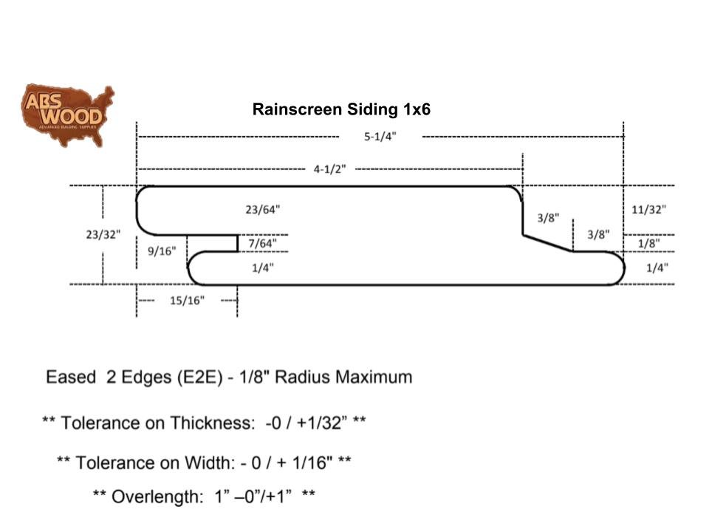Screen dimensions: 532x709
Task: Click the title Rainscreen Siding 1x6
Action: (x=341, y=109)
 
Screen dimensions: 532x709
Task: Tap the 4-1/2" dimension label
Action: (x=329, y=169)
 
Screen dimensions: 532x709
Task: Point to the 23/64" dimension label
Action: (x=263, y=209)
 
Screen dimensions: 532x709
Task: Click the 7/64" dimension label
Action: (x=263, y=242)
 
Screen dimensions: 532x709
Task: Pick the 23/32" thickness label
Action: (x=103, y=234)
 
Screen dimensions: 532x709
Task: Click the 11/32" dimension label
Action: (x=648, y=209)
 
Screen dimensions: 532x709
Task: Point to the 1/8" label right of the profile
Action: (x=648, y=242)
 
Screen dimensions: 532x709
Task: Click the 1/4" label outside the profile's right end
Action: (x=655, y=268)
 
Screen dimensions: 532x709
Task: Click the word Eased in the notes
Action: (x=71, y=377)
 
